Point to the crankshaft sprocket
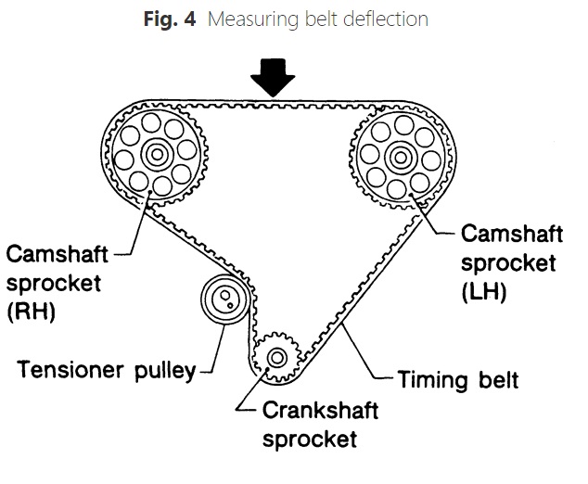coord(275,357)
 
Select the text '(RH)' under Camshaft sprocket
coord(31,312)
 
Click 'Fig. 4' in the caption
coord(171,19)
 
